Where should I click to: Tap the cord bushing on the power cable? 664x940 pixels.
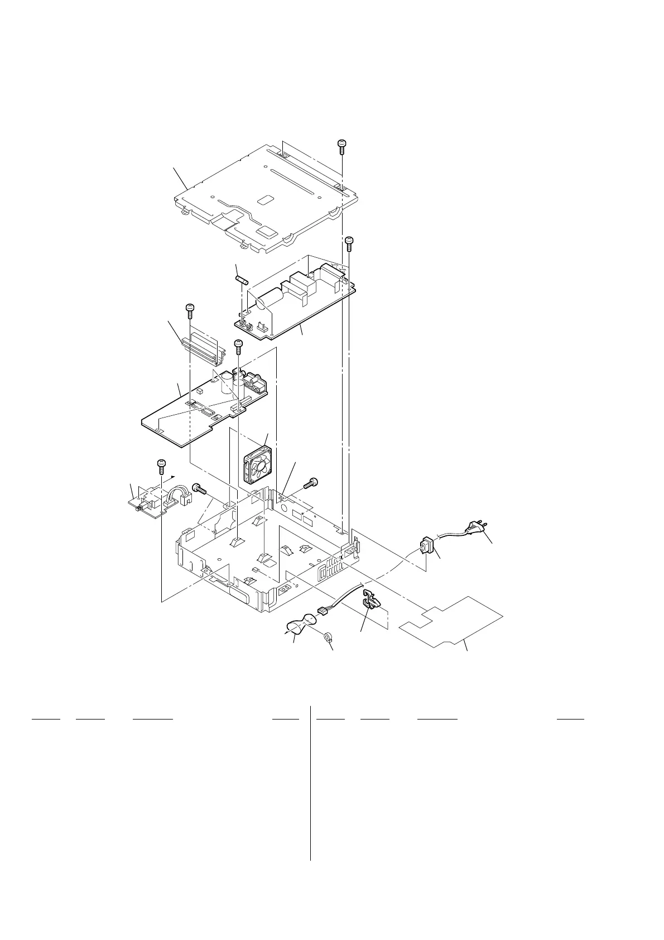[x=427, y=545]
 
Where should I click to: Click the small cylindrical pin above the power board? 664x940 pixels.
[x=242, y=277]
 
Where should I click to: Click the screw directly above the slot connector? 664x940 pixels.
[x=190, y=309]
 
